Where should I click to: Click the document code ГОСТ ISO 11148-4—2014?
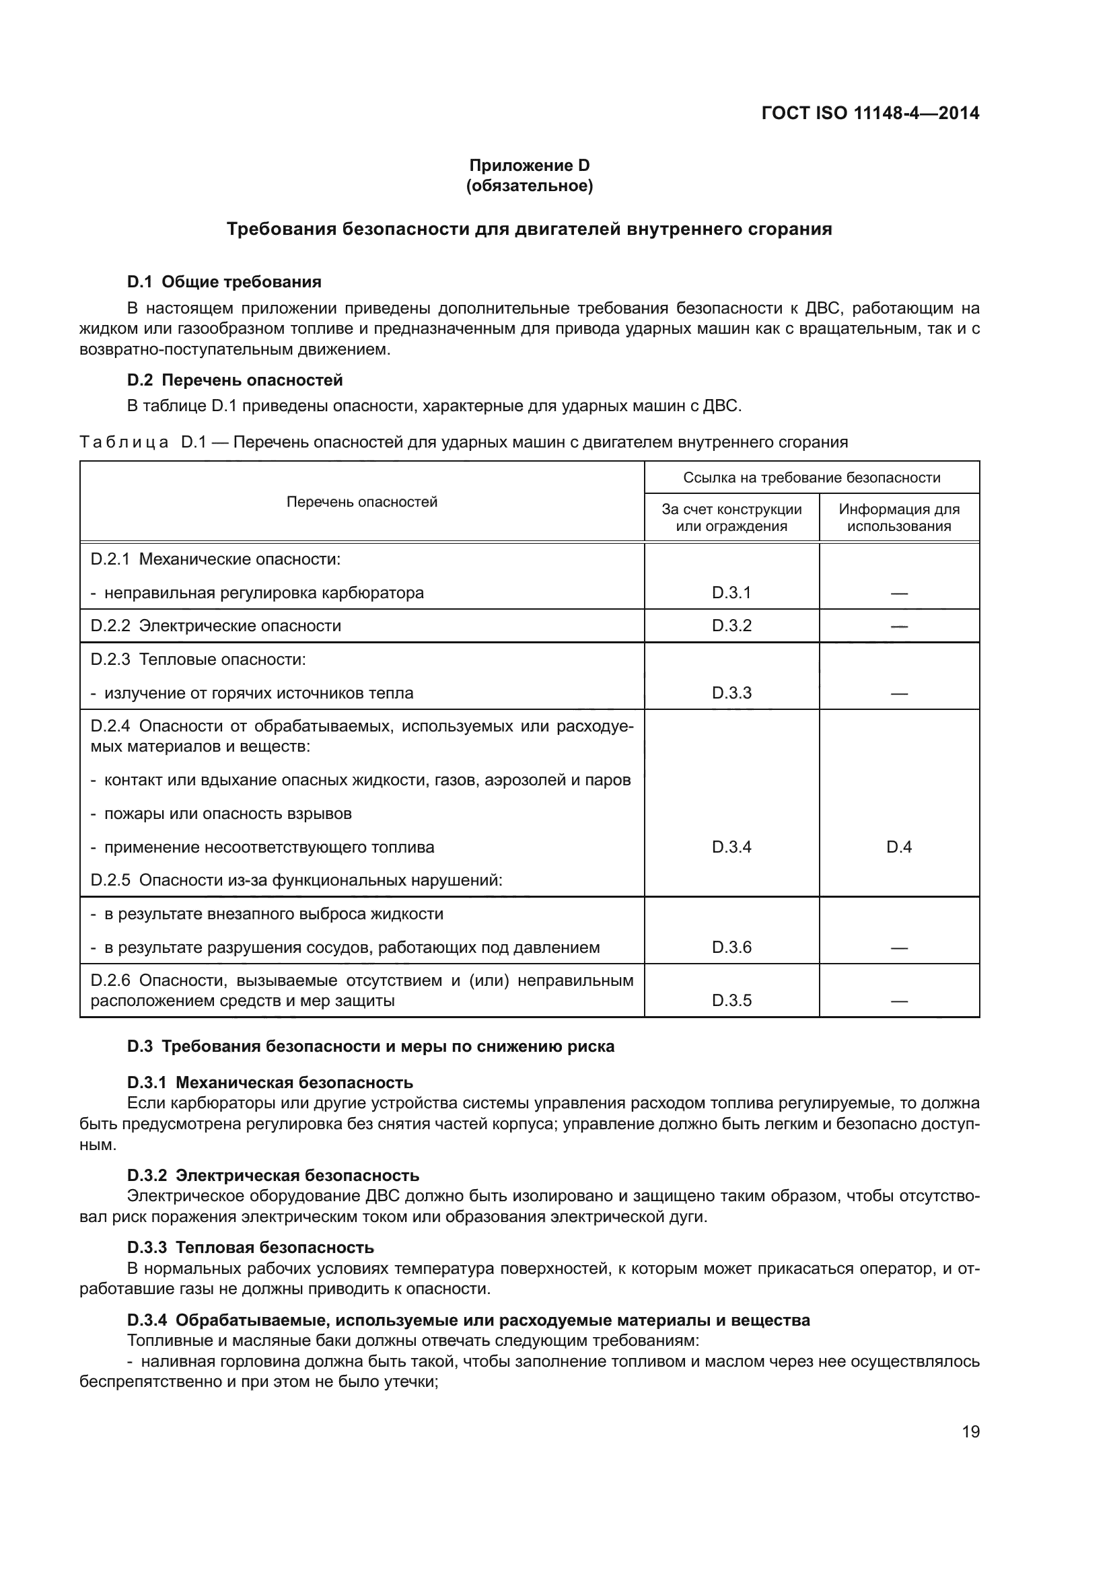tap(869, 113)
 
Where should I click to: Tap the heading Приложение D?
tap(529, 166)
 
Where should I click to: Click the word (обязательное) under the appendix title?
tap(529, 186)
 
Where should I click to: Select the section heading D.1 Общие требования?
tap(224, 282)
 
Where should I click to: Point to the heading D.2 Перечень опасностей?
tap(234, 380)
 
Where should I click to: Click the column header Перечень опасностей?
tap(361, 502)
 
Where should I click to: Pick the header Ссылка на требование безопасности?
tap(812, 478)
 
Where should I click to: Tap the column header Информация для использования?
tap(898, 517)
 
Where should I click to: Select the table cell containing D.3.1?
tap(731, 593)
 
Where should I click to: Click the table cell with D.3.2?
tap(731, 626)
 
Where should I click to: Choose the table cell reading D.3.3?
tap(731, 693)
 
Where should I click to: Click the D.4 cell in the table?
tap(898, 847)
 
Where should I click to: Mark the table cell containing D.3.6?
tap(731, 947)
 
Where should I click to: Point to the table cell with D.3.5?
tap(731, 1001)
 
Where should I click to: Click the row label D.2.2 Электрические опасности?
tap(216, 626)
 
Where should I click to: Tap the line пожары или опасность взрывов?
tap(227, 814)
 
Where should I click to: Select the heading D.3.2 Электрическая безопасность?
tap(273, 1176)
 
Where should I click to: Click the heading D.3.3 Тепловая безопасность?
tap(250, 1247)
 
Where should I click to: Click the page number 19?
tap(970, 1431)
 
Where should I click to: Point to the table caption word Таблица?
tap(124, 442)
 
